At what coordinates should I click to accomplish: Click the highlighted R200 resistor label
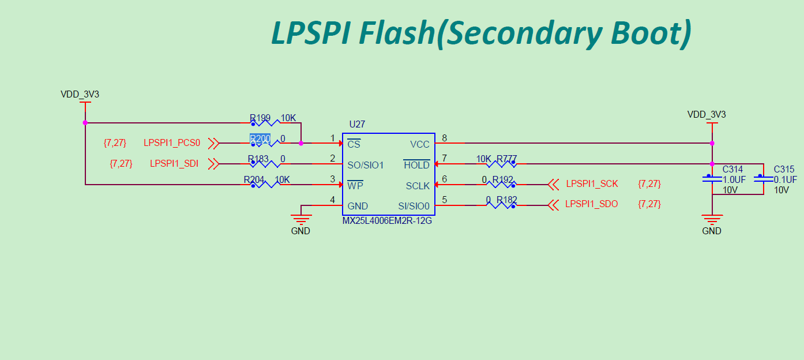(x=260, y=139)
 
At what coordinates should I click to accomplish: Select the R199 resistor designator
(x=260, y=118)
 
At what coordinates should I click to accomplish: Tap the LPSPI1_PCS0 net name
(x=172, y=143)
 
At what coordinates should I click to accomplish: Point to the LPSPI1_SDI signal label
(x=174, y=164)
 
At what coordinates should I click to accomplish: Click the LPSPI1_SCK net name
(x=592, y=184)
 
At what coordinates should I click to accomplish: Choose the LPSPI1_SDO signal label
(x=592, y=204)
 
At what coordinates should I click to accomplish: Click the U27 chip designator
(x=357, y=125)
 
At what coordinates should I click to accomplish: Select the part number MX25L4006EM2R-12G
(x=387, y=220)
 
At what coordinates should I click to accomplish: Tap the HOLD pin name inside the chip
(x=416, y=165)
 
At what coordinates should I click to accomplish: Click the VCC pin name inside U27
(x=419, y=144)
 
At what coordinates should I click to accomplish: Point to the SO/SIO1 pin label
(x=365, y=165)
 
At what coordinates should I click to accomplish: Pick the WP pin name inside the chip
(x=355, y=186)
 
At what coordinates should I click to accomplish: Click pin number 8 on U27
(x=444, y=138)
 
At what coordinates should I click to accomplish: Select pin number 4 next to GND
(x=332, y=200)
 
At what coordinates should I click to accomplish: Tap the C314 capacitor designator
(x=732, y=170)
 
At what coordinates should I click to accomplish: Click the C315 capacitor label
(x=784, y=170)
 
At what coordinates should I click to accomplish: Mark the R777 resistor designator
(x=506, y=159)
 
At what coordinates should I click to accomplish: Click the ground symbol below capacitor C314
(x=712, y=220)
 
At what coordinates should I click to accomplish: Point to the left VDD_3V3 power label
(x=80, y=94)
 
